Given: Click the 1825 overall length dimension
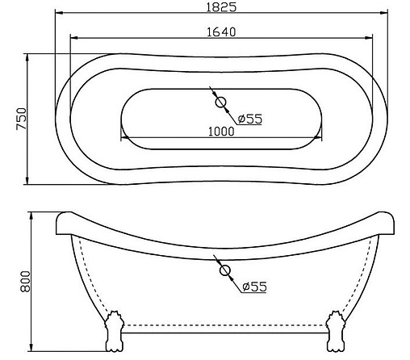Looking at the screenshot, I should pyautogui.click(x=221, y=6).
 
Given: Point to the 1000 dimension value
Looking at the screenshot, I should pyautogui.click(x=220, y=132).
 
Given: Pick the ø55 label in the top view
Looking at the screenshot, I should pyautogui.click(x=250, y=119).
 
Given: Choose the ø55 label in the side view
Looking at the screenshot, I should pyautogui.click(x=253, y=287).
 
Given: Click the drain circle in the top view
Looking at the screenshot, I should pyautogui.click(x=221, y=103).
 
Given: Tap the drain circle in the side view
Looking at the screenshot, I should pyautogui.click(x=225, y=270).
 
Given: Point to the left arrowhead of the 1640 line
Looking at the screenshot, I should pyautogui.click(x=73, y=39).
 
